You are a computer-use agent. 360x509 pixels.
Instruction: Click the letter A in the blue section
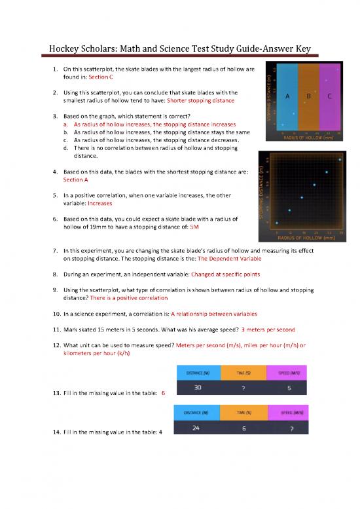click(287, 96)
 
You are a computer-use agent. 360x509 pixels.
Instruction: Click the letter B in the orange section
click(308, 96)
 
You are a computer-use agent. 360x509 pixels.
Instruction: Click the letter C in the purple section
click(329, 96)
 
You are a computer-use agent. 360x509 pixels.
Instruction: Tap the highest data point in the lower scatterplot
click(340, 159)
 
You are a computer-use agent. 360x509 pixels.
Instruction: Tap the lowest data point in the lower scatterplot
click(277, 223)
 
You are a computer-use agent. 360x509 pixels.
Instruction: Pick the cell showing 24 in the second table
click(196, 428)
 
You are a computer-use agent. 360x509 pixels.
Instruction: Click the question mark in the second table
click(283, 428)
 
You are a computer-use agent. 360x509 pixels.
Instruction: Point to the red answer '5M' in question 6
click(194, 227)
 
